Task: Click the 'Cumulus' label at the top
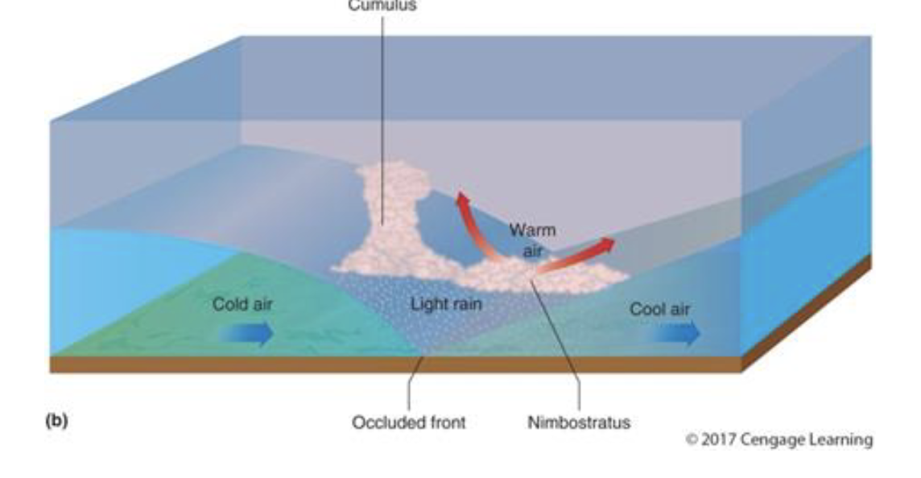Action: coord(382,5)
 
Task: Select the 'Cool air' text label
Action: coord(659,310)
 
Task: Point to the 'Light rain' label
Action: coord(446,306)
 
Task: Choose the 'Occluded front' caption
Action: coord(408,422)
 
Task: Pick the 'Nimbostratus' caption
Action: coord(578,422)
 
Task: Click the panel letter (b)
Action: coord(56,419)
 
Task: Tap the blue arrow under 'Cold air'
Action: coord(246,332)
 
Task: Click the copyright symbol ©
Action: coord(692,440)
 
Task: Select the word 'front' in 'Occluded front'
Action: coord(446,422)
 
